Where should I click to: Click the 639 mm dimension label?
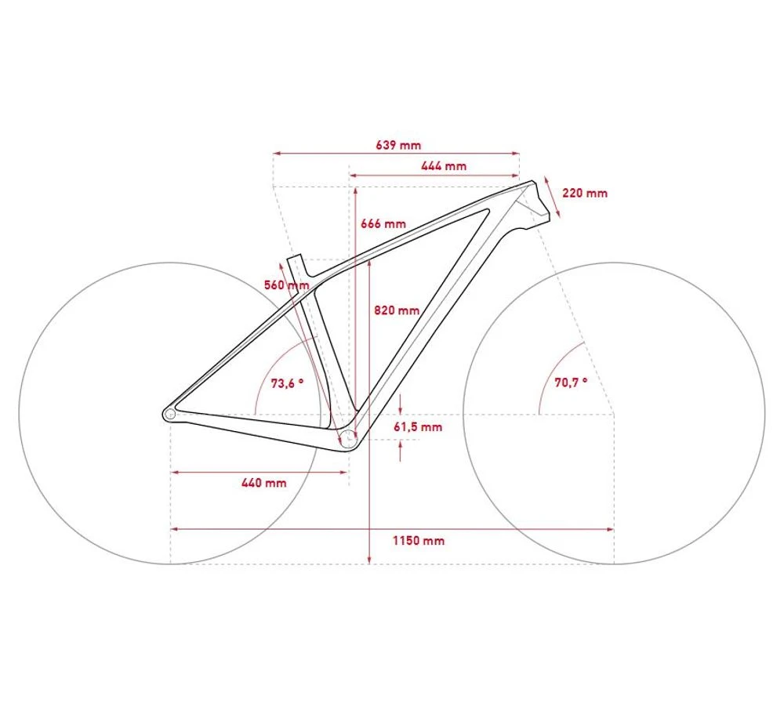(398, 145)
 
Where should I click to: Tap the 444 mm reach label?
(444, 166)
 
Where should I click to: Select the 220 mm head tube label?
(585, 193)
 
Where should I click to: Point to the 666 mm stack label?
(383, 223)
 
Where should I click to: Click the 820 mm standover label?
(397, 310)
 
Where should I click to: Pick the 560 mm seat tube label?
(286, 285)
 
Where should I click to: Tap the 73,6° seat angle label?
(287, 383)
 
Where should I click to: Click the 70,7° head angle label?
(571, 383)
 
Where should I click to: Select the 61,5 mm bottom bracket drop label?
(418, 427)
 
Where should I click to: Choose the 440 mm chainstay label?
(263, 483)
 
